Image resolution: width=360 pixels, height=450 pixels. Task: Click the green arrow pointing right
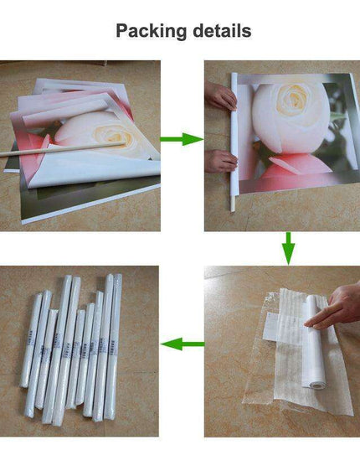pos(182,139)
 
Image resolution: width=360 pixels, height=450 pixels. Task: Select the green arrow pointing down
pos(288,248)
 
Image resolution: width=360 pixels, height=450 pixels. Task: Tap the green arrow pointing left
pos(183,344)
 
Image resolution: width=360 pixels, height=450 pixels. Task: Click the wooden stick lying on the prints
pos(63,149)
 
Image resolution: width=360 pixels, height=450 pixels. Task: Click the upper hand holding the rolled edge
pos(220,96)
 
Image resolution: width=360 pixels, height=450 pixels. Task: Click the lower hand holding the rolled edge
pos(221,161)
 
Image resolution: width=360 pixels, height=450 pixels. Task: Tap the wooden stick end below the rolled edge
pos(233,204)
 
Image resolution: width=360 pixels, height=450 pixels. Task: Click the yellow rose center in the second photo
pos(293,98)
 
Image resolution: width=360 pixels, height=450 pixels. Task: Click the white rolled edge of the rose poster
pos(234,136)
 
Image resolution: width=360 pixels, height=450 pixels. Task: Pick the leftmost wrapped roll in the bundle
pos(31,340)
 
